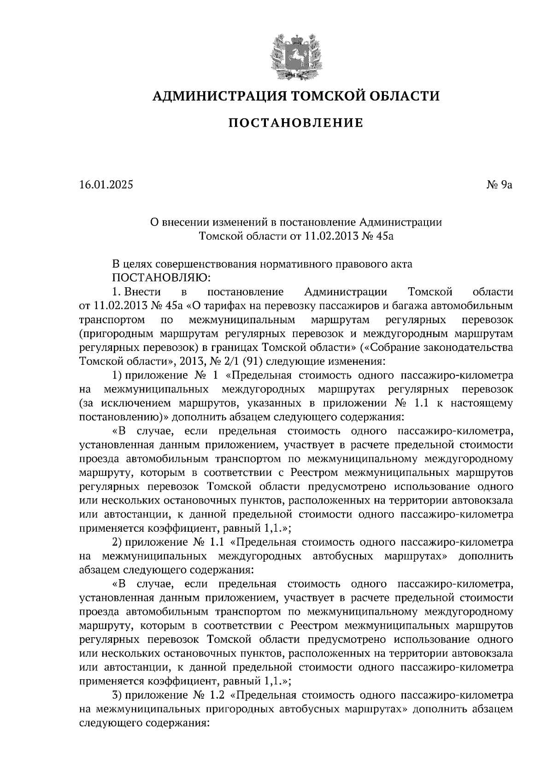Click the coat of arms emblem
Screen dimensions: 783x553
click(295, 55)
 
